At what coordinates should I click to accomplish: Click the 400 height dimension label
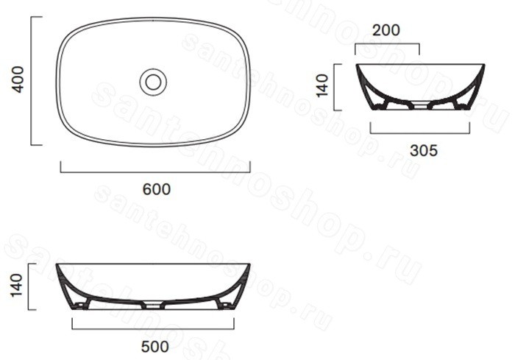18,80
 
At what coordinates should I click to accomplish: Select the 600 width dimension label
156,189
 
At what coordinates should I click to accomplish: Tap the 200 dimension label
386,30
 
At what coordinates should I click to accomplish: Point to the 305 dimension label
424,151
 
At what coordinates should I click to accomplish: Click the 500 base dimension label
154,347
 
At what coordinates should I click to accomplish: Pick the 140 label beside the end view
322,86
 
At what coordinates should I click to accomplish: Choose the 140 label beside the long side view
16,286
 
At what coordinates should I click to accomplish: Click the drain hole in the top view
153,82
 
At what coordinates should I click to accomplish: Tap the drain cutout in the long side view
153,306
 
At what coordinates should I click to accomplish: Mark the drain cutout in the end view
420,105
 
